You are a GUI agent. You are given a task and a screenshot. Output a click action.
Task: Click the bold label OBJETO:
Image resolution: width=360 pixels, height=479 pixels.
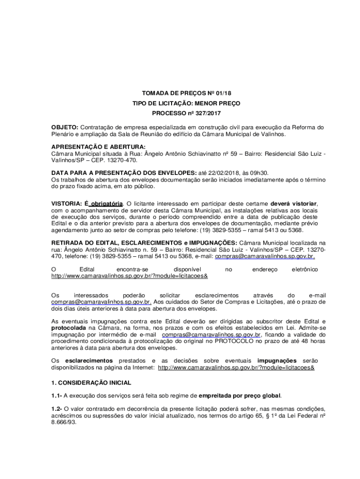[65, 127]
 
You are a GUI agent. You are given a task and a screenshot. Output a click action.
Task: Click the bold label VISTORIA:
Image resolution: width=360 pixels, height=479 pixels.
[67, 203]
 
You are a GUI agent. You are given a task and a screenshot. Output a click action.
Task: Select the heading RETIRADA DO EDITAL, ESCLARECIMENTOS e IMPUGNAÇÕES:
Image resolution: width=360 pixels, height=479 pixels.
[144, 243]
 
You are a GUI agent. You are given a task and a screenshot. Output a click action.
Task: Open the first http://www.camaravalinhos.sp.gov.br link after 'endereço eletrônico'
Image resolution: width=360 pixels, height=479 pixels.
[129, 276]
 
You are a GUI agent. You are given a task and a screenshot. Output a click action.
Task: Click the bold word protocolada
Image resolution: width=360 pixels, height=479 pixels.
[70, 328]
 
